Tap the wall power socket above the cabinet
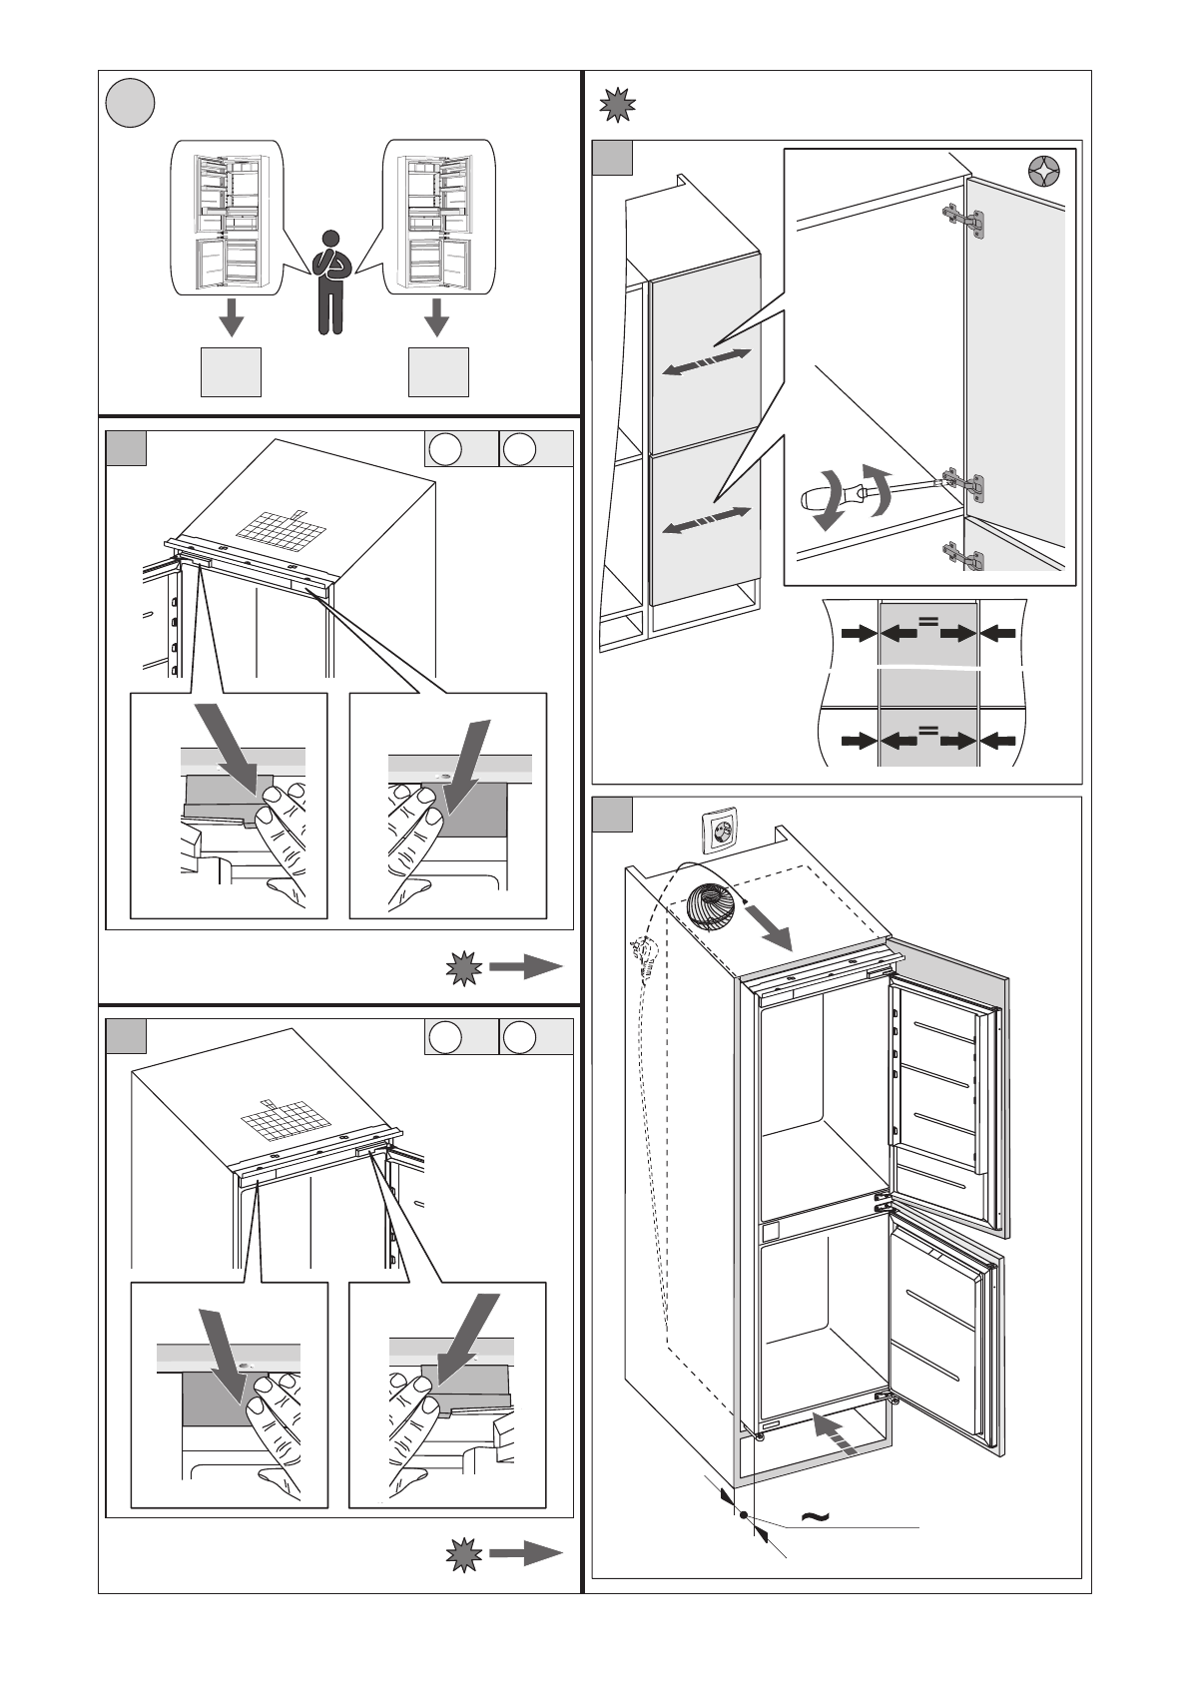721,832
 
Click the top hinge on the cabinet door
964,221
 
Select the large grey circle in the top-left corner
131,104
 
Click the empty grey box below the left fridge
231,372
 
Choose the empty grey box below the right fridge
437,372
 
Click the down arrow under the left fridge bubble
232,318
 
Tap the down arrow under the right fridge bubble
436,318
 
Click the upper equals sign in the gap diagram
927,622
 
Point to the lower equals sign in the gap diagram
927,731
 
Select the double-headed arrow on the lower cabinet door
707,519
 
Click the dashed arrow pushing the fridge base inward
835,1433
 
